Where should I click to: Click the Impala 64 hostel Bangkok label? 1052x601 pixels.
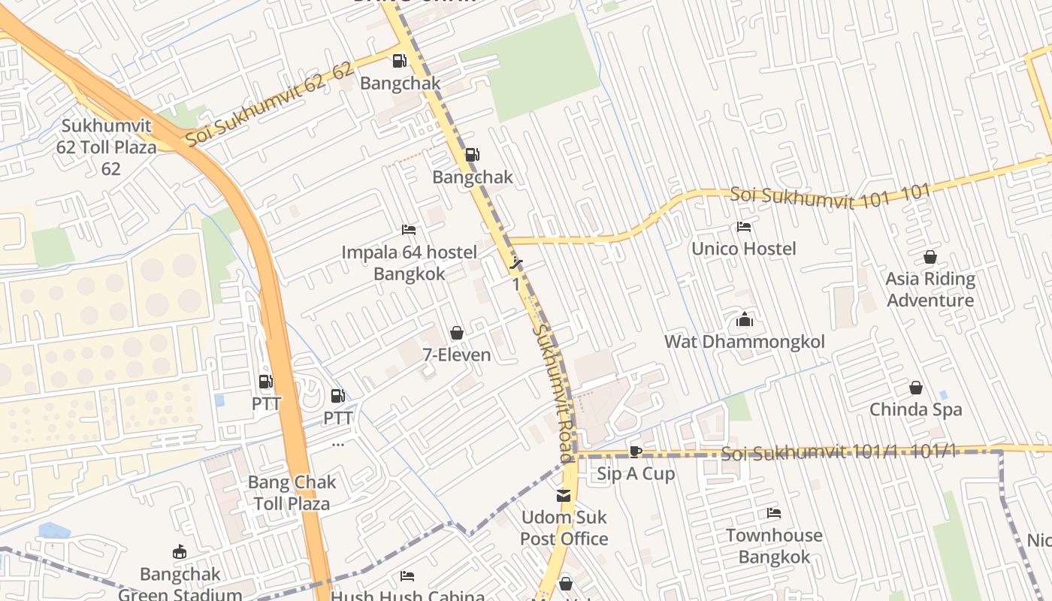[410, 262]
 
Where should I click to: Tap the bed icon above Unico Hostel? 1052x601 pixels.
[744, 227]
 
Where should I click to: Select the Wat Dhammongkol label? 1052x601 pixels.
[744, 342]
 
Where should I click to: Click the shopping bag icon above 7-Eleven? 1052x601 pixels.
[456, 333]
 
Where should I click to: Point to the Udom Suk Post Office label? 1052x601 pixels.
[564, 527]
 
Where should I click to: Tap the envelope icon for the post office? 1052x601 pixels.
[563, 496]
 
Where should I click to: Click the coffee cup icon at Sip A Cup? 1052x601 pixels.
[636, 452]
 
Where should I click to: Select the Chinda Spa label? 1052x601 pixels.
[915, 410]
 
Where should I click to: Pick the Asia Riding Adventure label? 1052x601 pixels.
[930, 289]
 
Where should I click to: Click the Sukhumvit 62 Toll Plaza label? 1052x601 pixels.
[107, 146]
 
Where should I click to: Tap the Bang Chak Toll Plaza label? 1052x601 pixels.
[292, 492]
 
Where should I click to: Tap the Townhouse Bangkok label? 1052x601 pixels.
[773, 545]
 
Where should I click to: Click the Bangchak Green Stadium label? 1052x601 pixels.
[180, 584]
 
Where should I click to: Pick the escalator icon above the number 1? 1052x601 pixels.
[515, 263]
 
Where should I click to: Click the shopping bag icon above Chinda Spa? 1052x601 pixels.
[916, 388]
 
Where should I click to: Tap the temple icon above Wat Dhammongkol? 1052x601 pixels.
[745, 320]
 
